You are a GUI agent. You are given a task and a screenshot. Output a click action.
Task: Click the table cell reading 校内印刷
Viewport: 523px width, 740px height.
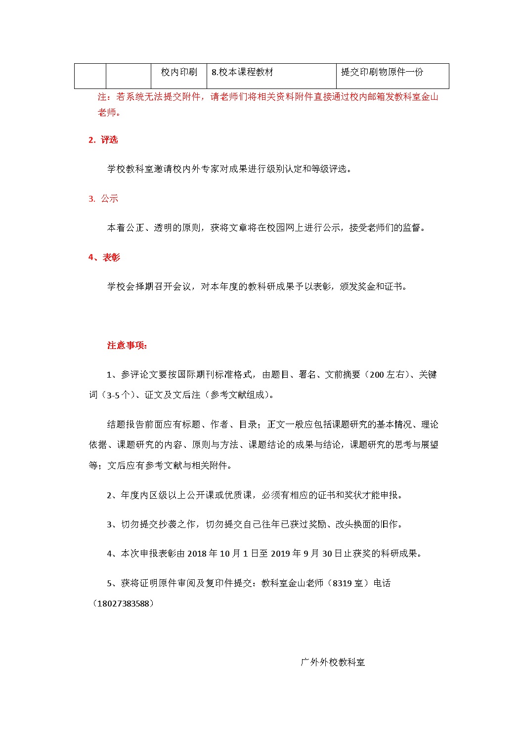point(179,72)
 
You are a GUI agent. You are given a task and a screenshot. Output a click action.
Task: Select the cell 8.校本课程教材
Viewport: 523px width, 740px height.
point(242,72)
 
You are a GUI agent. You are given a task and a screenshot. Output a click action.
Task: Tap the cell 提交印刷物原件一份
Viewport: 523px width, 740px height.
point(382,72)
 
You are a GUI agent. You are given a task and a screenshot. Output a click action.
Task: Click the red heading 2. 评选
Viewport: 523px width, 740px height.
point(103,140)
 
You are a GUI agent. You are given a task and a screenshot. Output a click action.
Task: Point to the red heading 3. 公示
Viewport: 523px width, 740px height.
point(103,199)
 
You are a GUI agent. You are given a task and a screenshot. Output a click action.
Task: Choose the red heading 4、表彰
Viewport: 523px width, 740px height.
point(104,258)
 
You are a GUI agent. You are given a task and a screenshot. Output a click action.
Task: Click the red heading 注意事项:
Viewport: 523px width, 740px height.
point(127,346)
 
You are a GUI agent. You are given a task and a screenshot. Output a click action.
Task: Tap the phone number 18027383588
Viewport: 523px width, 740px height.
point(123,604)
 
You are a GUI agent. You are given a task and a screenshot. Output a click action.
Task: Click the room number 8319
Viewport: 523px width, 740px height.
point(342,583)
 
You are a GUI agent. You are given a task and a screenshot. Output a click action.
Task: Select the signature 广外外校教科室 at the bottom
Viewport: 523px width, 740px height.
point(333,662)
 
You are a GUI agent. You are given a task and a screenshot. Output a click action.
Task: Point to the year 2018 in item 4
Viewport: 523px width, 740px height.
point(197,554)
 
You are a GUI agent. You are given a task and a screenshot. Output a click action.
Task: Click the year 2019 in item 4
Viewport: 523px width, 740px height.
point(281,554)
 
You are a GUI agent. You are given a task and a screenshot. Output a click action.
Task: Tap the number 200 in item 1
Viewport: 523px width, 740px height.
point(377,375)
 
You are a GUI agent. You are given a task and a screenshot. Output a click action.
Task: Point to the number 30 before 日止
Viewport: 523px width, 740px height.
point(327,554)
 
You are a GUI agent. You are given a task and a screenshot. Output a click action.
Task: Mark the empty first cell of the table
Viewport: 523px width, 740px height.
point(90,76)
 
